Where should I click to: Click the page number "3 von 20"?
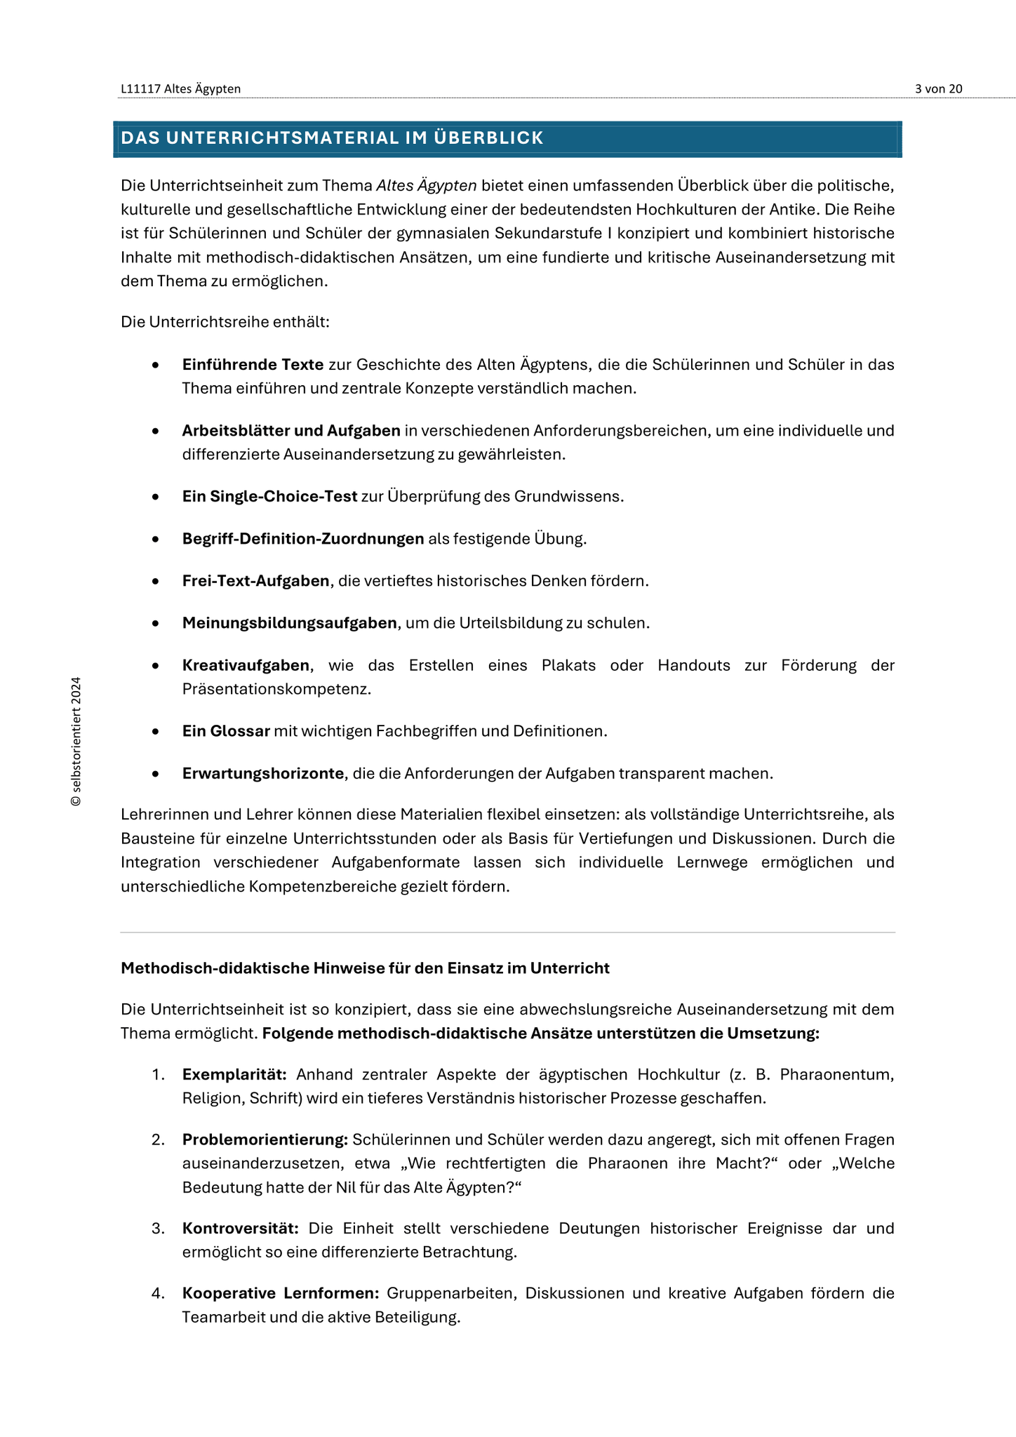[x=938, y=88]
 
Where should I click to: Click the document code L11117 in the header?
[x=140, y=88]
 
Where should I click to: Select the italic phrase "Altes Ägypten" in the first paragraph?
[x=427, y=186]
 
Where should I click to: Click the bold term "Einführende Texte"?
[x=253, y=365]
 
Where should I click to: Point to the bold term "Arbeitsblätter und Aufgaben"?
[x=291, y=431]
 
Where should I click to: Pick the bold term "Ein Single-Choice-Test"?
[x=269, y=497]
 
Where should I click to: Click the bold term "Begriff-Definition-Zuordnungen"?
[x=303, y=539]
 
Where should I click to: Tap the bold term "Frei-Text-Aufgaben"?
[x=255, y=581]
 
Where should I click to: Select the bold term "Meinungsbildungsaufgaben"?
[x=289, y=623]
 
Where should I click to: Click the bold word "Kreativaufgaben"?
[x=246, y=665]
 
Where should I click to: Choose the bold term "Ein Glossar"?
[x=226, y=731]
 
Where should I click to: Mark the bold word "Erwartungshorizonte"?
[x=263, y=773]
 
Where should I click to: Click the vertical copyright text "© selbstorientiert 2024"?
[x=76, y=742]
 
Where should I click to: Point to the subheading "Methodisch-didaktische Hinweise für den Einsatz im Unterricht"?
[x=365, y=968]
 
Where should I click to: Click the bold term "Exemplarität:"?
[x=234, y=1074]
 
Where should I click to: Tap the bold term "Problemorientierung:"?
[x=265, y=1140]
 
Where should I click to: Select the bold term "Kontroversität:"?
[x=241, y=1228]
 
